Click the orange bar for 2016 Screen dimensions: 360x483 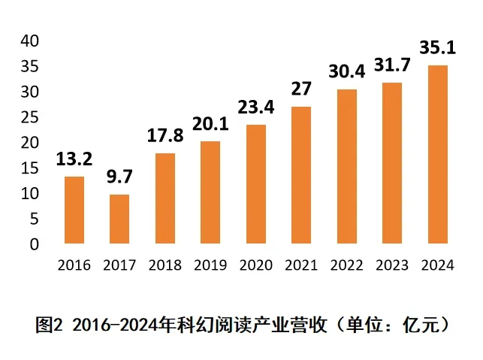coord(74,210)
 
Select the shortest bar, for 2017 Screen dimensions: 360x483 coord(119,219)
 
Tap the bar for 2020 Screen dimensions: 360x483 coord(256,184)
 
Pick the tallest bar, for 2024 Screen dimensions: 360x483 coord(437,155)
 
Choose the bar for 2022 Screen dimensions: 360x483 coord(347,166)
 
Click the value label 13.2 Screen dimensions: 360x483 coord(74,159)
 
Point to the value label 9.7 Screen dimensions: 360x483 coord(119,177)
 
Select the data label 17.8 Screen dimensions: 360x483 coord(165,137)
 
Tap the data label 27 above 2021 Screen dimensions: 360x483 coord(301,89)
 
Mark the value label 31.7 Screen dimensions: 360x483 coord(392,66)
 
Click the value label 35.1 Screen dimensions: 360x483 coord(437,49)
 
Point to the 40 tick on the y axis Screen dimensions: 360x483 coord(29,41)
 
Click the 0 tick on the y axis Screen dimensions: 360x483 coord(34,244)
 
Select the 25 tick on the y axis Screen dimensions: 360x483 coord(29,117)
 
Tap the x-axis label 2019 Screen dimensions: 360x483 coord(210,265)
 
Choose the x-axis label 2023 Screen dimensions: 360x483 coord(392,265)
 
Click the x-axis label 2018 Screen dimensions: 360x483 coord(165,265)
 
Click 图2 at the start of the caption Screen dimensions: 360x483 coord(50,325)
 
